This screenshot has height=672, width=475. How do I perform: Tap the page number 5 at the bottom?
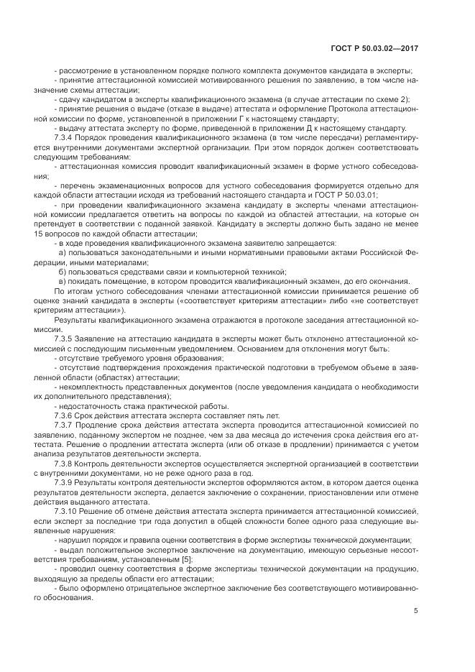pos(416,611)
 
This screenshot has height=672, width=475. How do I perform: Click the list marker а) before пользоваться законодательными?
pos(62,252)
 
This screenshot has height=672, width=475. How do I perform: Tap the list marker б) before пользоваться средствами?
pos(62,271)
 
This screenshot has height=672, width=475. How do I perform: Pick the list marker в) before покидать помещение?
pos(62,281)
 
